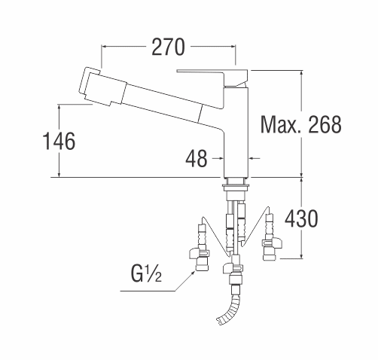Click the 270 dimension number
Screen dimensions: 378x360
point(168,47)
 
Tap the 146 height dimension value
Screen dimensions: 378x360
point(59,141)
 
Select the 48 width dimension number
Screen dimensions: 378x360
point(197,158)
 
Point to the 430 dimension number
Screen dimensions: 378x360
point(301,219)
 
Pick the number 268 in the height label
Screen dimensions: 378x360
point(325,124)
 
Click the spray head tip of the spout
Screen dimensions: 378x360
point(89,87)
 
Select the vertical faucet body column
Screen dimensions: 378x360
point(236,133)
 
